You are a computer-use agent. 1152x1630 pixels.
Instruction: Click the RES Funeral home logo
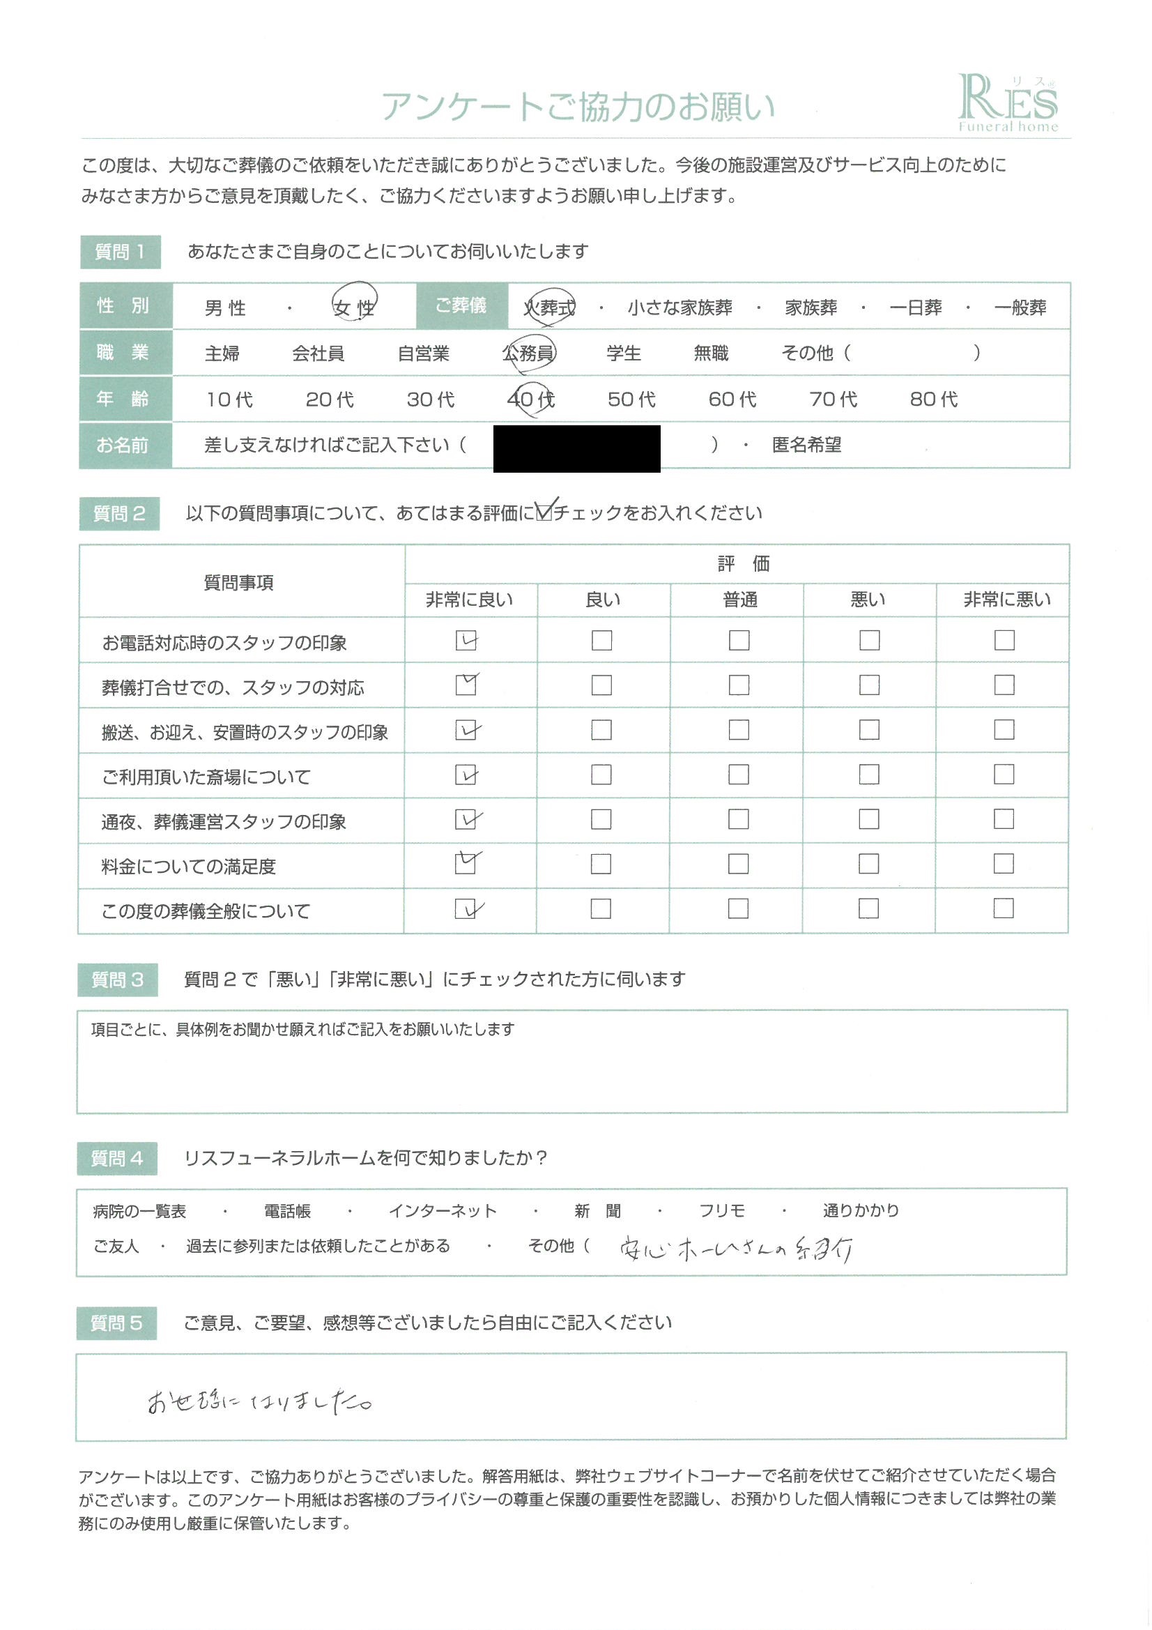pos(1007,104)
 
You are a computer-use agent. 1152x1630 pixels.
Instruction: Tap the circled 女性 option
pos(354,307)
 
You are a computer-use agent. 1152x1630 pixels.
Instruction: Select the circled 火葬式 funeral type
pos(549,307)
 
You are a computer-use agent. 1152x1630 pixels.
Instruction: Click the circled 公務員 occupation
pos(529,353)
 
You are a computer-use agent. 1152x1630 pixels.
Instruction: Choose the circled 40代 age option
pos(531,399)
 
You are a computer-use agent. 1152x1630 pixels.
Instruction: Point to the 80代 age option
pos(933,399)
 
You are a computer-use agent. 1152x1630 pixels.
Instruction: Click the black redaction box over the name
pos(576,449)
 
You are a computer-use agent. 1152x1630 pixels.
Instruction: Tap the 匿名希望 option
pos(806,445)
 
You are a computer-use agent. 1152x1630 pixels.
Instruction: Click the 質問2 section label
pos(119,514)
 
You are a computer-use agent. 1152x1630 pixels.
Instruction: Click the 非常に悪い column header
pos(1006,600)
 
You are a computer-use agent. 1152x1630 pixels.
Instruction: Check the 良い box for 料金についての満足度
pos(601,864)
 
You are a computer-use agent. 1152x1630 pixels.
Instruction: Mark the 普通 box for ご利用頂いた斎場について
pos(738,775)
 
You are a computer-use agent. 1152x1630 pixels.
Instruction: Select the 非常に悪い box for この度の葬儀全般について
pos(1003,908)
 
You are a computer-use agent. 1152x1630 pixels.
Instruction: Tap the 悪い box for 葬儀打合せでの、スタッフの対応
pos(869,685)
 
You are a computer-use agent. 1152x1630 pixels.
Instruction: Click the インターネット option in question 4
pos(443,1211)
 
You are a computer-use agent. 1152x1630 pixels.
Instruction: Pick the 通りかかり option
pos(860,1210)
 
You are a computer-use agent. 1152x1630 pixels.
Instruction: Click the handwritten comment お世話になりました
pos(259,1402)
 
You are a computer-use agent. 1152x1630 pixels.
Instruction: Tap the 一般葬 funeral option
pos(1020,307)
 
